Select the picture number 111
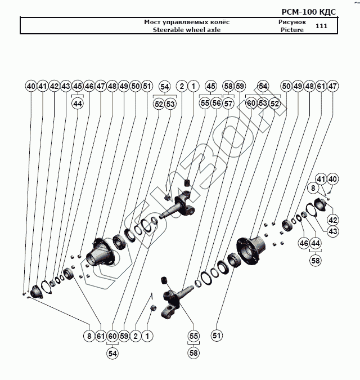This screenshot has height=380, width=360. [322, 26]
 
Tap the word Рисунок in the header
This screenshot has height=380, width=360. [292, 22]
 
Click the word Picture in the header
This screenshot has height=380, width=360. [292, 30]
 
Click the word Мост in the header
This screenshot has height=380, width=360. [152, 22]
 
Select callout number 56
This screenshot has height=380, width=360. [216, 104]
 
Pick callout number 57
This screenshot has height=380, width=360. [228, 104]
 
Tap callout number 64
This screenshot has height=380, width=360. [263, 86]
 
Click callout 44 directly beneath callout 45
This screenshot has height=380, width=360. [78, 104]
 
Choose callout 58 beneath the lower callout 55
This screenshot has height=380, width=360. [194, 353]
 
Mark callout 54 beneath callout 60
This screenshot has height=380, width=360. [113, 353]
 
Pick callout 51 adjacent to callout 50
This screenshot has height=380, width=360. [147, 86]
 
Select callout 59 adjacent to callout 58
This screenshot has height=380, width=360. [240, 86]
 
